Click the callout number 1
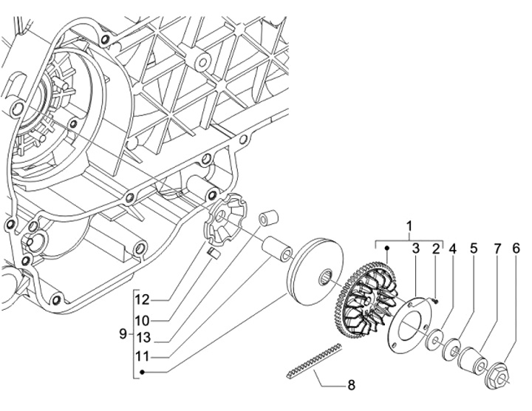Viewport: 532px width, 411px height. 409,225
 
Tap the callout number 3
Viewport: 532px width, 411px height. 416,248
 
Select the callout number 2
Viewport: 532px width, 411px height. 436,248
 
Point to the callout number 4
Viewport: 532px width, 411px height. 453,248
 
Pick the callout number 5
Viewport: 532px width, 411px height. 474,248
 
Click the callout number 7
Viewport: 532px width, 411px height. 497,248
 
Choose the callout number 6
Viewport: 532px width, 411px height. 516,248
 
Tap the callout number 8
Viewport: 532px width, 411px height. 351,385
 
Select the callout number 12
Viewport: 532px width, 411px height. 142,300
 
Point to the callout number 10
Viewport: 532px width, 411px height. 142,320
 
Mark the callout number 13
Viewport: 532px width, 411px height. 142,338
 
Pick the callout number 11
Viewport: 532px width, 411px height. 142,357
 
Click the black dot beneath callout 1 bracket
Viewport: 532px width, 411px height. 387,248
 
